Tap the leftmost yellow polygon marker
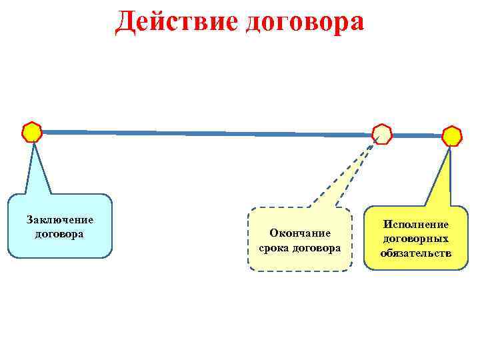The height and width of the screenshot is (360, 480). (x=31, y=132)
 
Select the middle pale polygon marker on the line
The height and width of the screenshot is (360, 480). (x=382, y=134)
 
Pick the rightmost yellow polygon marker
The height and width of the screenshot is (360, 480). (x=452, y=136)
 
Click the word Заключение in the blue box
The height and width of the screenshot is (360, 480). (x=59, y=220)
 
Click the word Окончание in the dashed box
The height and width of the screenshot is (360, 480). (x=299, y=233)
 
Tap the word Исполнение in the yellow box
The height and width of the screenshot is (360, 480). (x=416, y=225)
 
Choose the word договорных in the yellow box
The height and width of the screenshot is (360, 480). (x=416, y=239)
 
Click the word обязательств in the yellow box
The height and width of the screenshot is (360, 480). (x=416, y=253)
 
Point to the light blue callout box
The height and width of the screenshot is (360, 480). (x=60, y=247)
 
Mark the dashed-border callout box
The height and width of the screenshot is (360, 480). (x=299, y=260)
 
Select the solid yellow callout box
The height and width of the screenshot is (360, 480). (x=416, y=263)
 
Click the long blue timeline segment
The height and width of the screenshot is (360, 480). (x=200, y=133)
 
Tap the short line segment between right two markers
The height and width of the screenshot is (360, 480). (x=417, y=135)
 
